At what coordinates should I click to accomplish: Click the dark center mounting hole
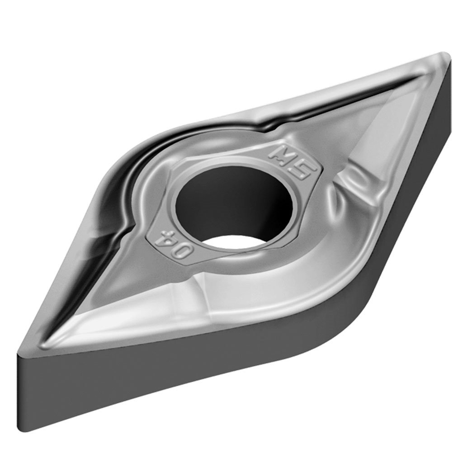(x=228, y=199)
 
